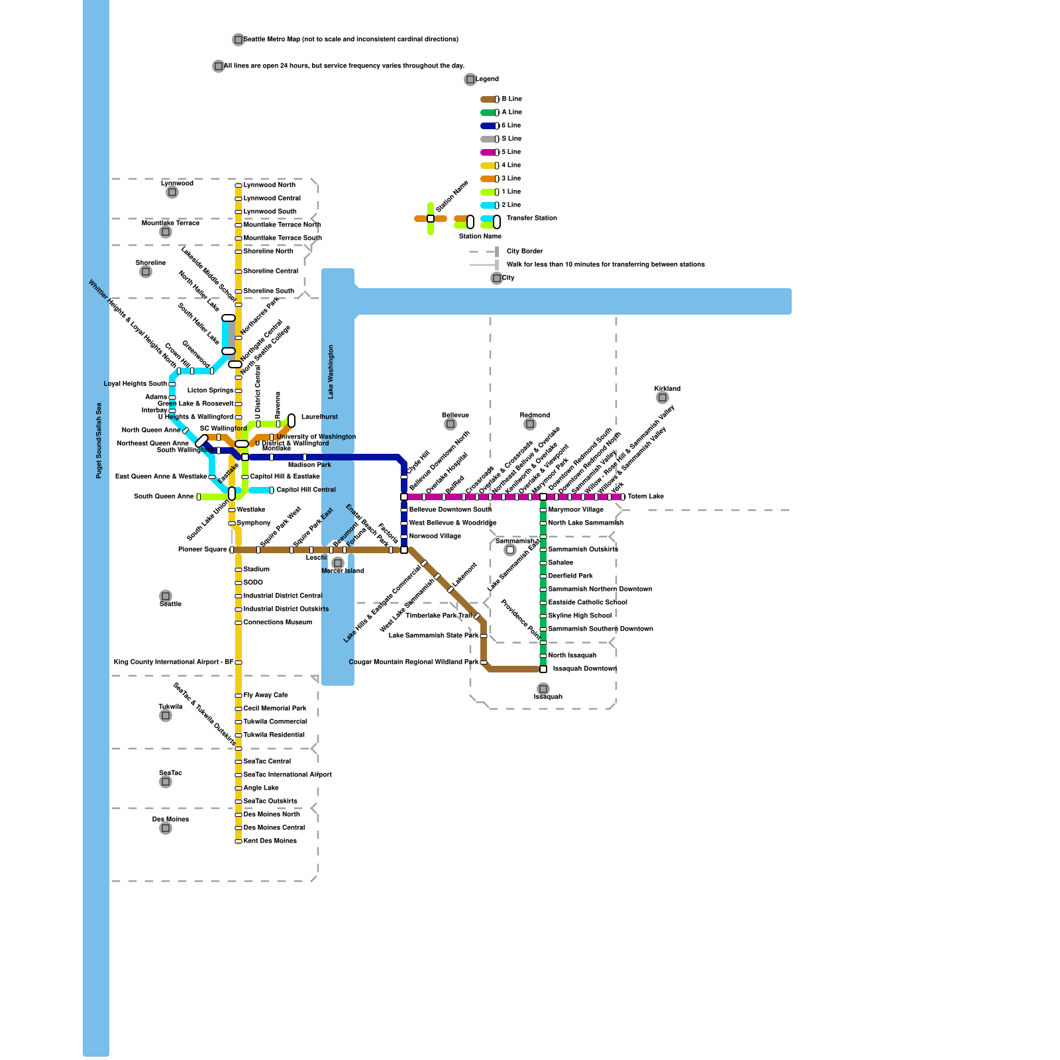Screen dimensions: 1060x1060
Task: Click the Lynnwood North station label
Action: tap(269, 185)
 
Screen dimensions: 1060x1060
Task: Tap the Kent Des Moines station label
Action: tap(270, 841)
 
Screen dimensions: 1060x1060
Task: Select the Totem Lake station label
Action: tap(645, 497)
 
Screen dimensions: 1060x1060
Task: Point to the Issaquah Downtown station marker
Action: tap(543, 669)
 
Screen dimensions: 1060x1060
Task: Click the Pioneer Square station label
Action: tap(202, 550)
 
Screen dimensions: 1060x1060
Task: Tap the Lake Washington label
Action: tap(331, 372)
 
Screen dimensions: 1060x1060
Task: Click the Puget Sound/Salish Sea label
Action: tap(99, 440)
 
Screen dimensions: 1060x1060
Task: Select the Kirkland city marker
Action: tap(662, 397)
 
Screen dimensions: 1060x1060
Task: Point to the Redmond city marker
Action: tap(530, 424)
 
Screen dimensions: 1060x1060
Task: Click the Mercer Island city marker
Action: tap(338, 563)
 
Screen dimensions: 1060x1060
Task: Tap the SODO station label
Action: tap(253, 583)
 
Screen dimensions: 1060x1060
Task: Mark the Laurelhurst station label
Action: tap(319, 417)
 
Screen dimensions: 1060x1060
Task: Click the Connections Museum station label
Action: tap(278, 623)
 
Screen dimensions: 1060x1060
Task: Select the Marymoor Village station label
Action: tap(576, 510)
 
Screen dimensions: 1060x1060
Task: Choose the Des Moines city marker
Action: tap(166, 828)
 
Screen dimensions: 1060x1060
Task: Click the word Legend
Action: tap(487, 79)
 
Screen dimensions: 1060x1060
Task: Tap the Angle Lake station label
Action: tap(261, 788)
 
